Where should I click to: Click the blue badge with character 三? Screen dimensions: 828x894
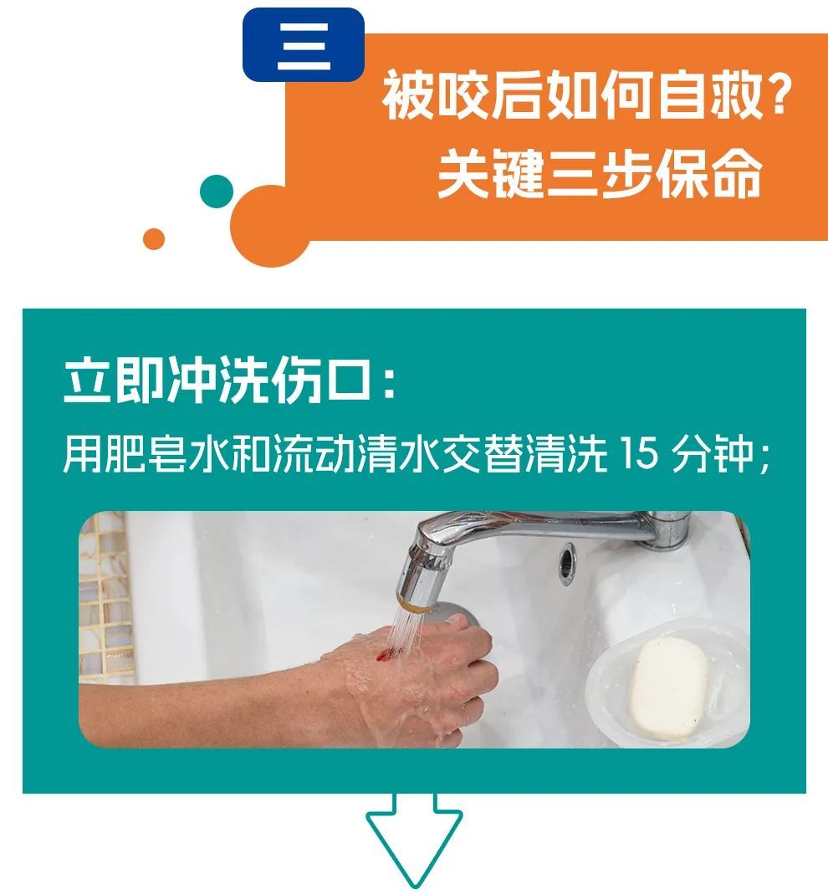coord(304,44)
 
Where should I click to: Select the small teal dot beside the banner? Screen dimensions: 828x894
coord(217,192)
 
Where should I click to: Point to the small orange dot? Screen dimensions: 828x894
coord(153,239)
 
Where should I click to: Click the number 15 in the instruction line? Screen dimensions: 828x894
coord(639,453)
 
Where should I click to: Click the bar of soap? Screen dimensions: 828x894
coord(668,688)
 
